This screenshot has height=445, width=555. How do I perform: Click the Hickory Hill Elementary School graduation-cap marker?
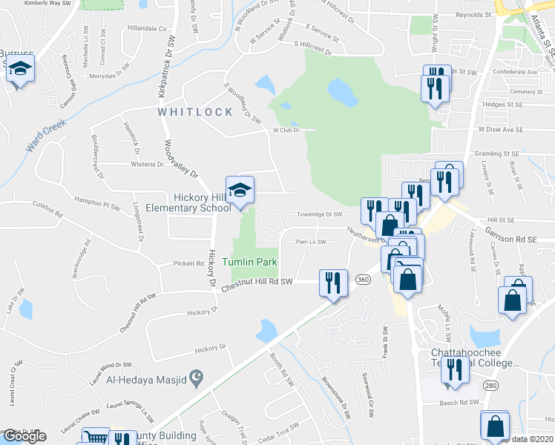pyautogui.click(x=240, y=191)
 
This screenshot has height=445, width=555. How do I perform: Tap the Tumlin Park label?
pyautogui.click(x=249, y=263)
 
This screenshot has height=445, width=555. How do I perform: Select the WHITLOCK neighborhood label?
pyautogui.click(x=195, y=112)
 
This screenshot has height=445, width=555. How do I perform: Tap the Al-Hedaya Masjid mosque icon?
pyautogui.click(x=196, y=379)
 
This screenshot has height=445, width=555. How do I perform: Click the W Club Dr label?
pyautogui.click(x=285, y=130)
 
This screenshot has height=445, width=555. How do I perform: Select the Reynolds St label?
pyautogui.click(x=473, y=15)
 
